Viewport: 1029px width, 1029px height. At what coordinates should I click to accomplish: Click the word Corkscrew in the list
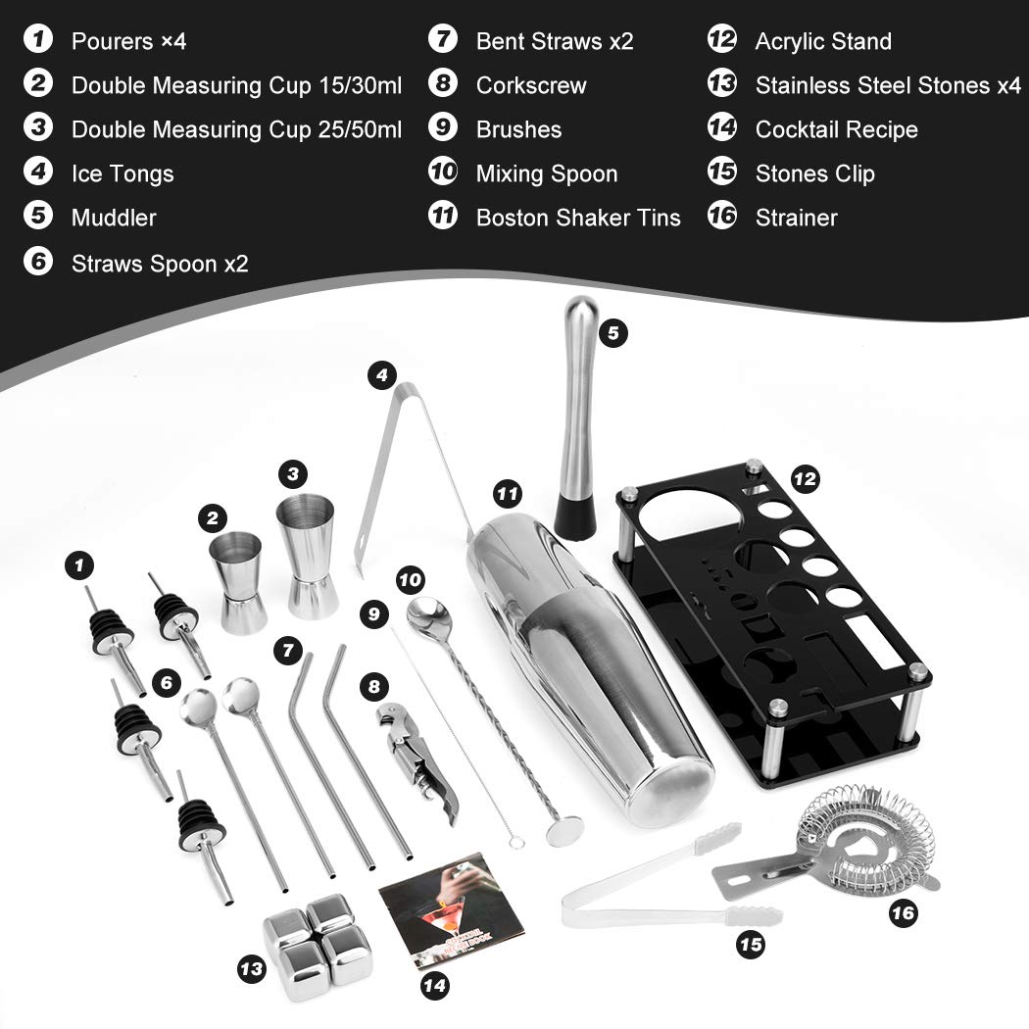[530, 85]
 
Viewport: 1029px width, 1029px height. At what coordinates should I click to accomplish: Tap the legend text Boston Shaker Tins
[577, 218]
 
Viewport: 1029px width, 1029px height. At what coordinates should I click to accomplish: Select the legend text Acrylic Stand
[822, 41]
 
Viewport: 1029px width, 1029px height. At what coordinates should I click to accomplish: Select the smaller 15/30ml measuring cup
[238, 579]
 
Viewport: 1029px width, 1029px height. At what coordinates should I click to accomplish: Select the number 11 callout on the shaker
[506, 494]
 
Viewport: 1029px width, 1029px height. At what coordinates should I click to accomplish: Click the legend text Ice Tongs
[122, 173]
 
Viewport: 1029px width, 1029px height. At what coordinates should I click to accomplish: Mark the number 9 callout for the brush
[373, 614]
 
